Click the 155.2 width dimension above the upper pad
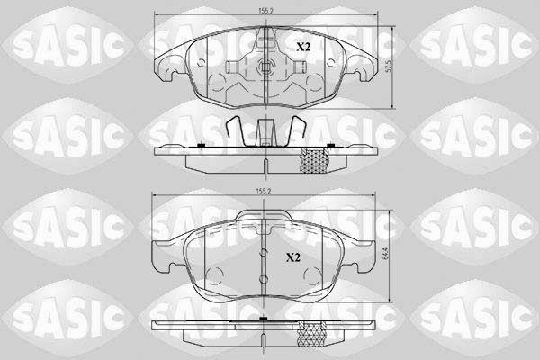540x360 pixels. tap(265, 11)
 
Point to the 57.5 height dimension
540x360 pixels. tap(389, 66)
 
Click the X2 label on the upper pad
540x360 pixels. tap(303, 47)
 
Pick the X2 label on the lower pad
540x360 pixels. tap(293, 257)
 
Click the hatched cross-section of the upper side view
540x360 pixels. tap(315, 160)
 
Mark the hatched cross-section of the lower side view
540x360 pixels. tap(311, 334)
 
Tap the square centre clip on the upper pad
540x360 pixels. tap(265, 65)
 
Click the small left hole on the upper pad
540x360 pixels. tap(201, 63)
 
